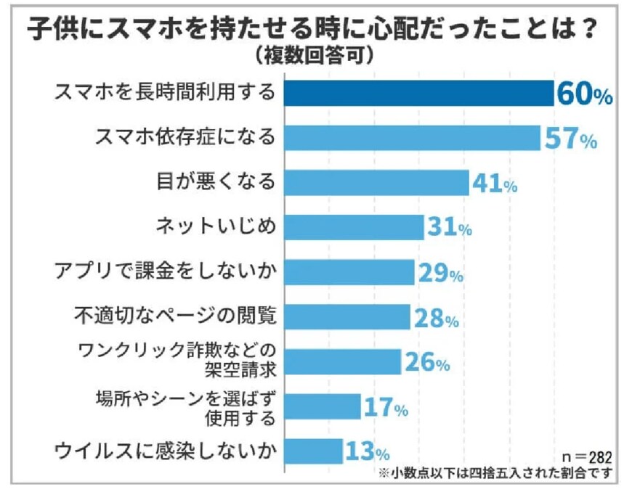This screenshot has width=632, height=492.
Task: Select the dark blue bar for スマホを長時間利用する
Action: (419, 94)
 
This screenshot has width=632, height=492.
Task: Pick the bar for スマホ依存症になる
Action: (412, 138)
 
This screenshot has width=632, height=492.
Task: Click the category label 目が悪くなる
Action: (216, 181)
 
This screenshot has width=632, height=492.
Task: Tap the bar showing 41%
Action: (376, 182)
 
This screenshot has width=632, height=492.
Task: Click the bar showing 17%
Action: (323, 407)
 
